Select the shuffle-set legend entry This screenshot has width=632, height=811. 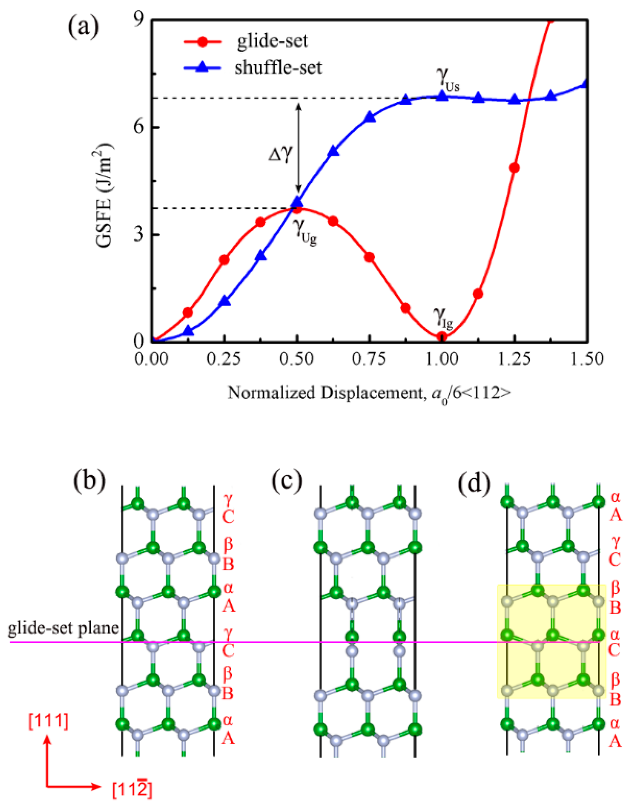278,68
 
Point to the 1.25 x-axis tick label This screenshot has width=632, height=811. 514,359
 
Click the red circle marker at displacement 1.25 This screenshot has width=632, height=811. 514,168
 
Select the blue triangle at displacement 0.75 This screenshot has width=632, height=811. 370,117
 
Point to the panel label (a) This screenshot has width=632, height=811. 84,27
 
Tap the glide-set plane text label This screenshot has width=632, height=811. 63,627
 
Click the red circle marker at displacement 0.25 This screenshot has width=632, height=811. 224,260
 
